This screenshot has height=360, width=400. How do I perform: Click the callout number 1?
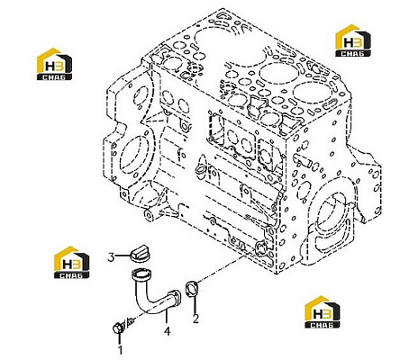click(x=120, y=350)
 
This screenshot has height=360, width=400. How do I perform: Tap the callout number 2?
click(x=195, y=319)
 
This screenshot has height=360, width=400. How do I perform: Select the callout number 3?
click(x=111, y=257)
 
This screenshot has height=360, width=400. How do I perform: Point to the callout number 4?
click(x=168, y=331)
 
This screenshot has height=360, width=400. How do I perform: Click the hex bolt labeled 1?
click(x=117, y=328)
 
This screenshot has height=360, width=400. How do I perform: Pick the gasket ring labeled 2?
click(x=191, y=289)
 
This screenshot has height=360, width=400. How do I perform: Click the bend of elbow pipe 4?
click(x=142, y=303)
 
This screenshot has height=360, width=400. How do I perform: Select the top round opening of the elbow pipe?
click(x=141, y=274)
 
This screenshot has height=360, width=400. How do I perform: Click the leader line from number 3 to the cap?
click(x=123, y=256)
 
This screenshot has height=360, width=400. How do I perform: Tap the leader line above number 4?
click(x=168, y=319)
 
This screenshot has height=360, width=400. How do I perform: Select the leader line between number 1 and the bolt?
click(x=120, y=338)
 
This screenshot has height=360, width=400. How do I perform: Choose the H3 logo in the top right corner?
click(x=353, y=40)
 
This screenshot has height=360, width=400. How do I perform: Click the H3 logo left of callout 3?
click(x=71, y=262)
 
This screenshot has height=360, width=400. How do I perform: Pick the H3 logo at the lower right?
click(x=323, y=311)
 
